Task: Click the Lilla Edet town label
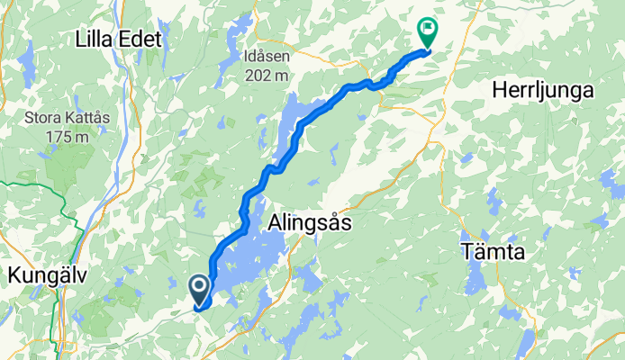tap(118, 40)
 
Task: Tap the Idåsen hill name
tap(267, 56)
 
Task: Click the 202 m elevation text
tap(267, 76)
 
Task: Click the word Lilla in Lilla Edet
tap(96, 40)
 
